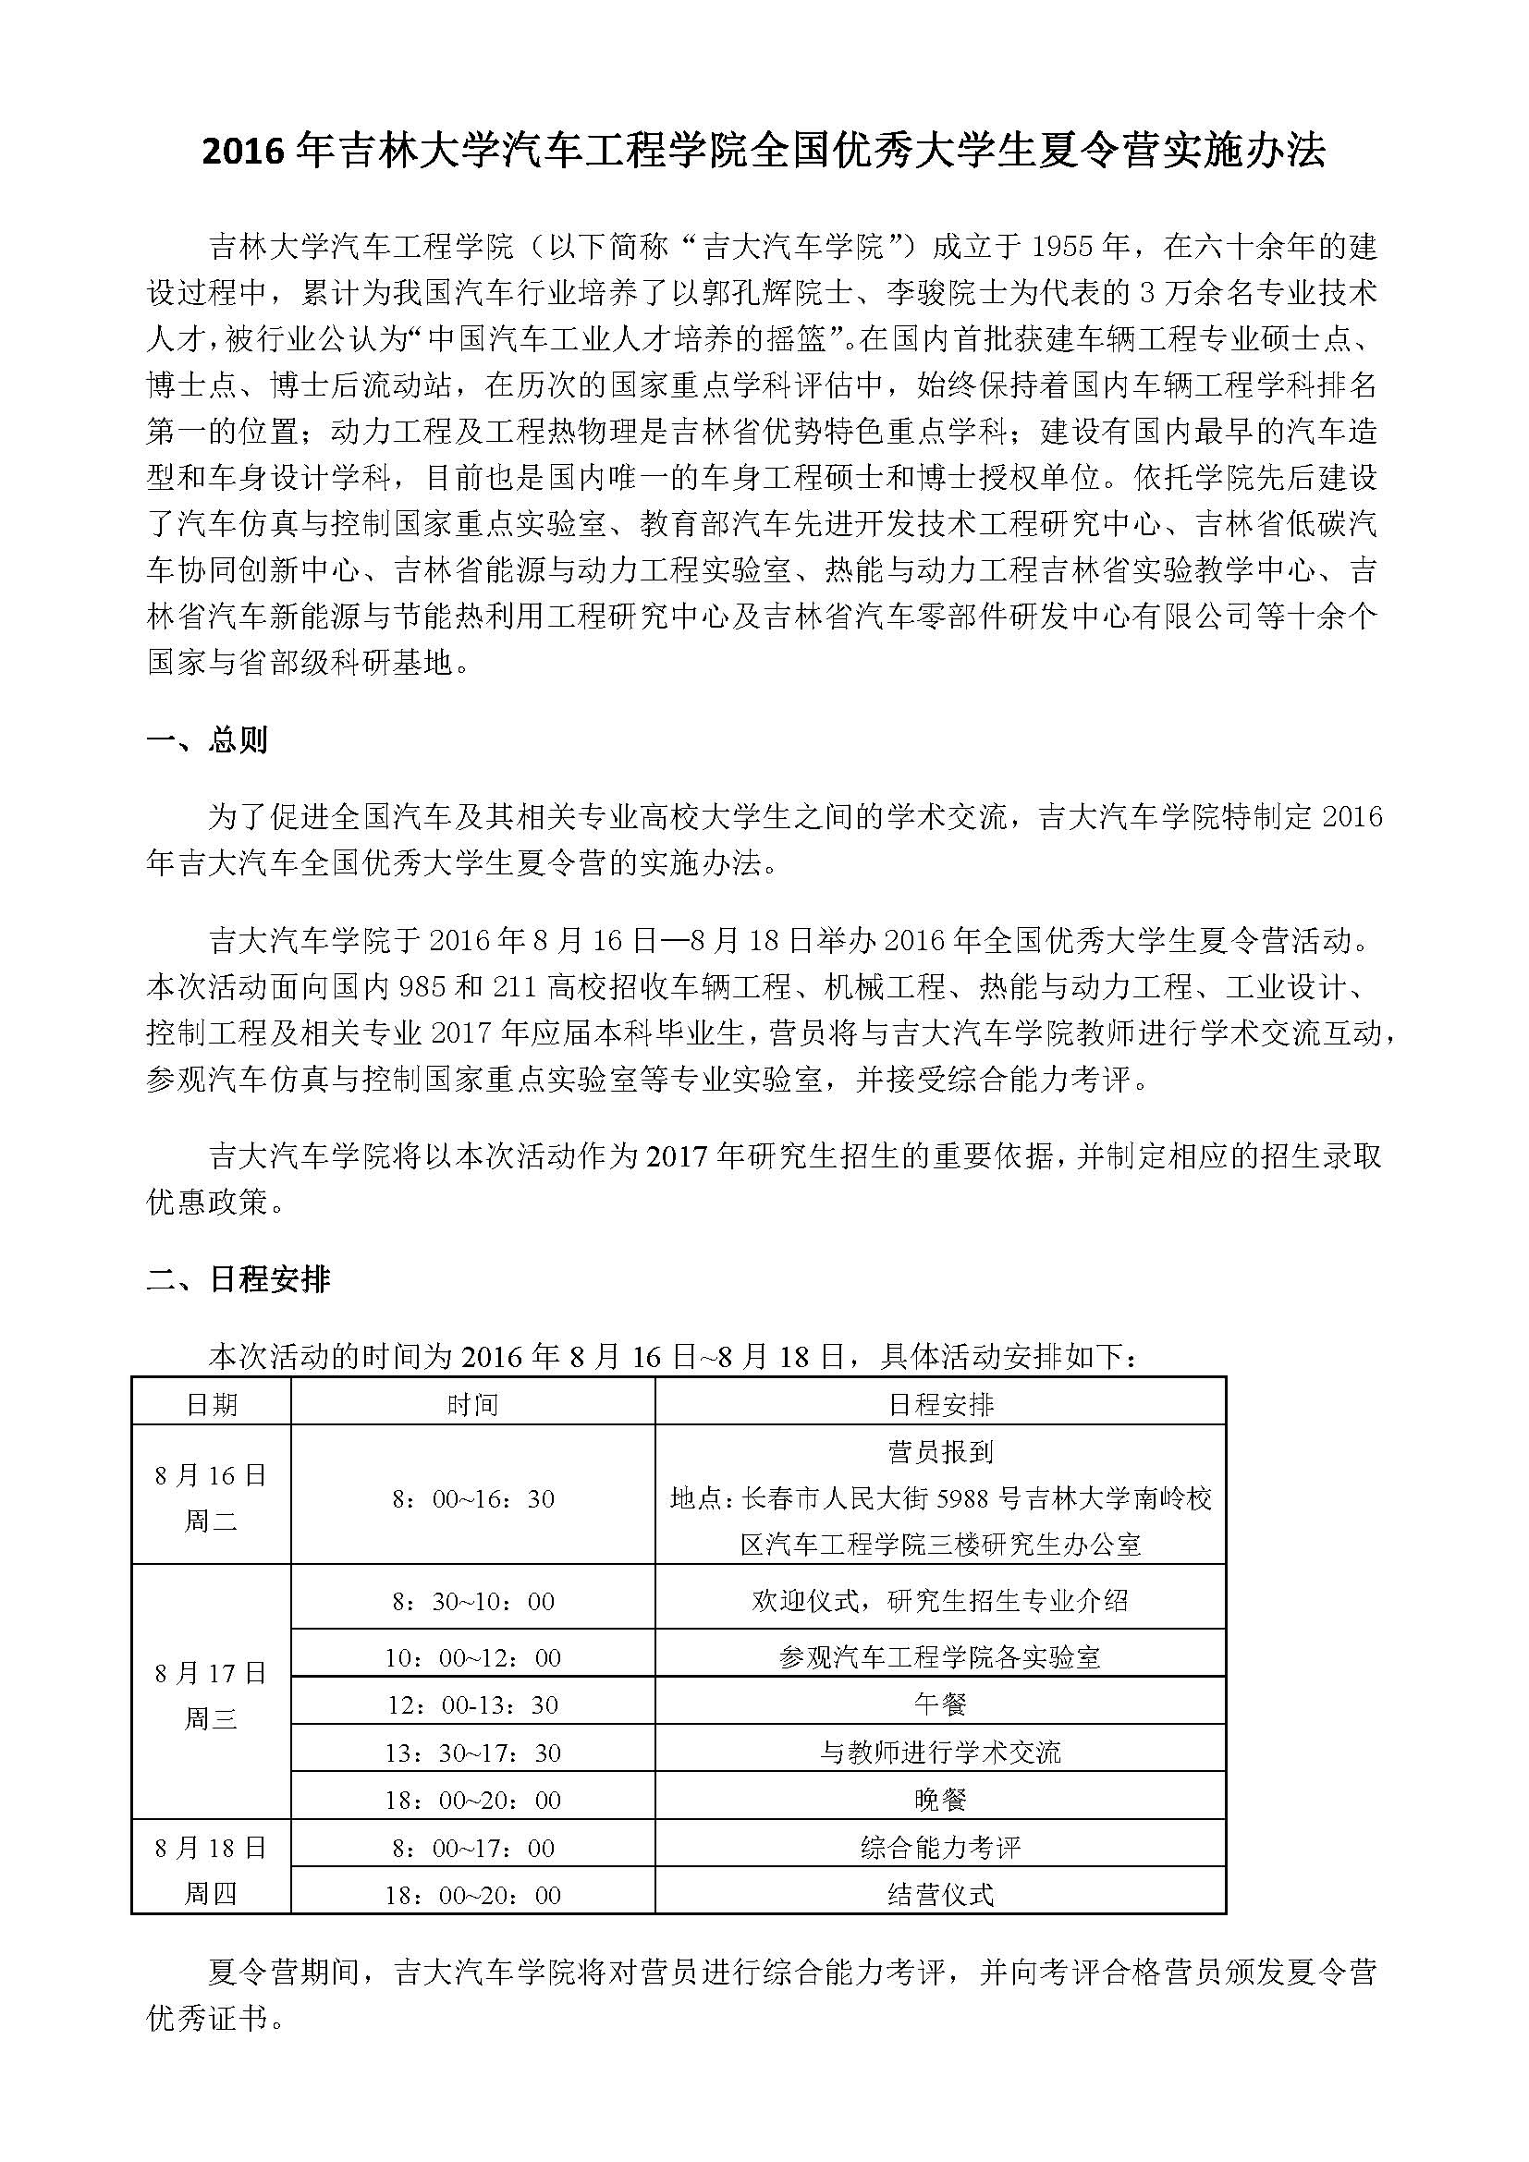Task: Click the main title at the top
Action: [764, 151]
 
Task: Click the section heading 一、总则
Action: [207, 740]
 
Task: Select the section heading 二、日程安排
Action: [239, 1279]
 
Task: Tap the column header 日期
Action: [211, 1405]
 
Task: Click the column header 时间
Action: [472, 1405]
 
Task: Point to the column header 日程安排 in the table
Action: [940, 1405]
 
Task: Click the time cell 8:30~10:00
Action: [472, 1601]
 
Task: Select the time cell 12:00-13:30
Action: [472, 1704]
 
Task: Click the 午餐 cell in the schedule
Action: [940, 1704]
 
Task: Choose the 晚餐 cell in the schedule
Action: [940, 1801]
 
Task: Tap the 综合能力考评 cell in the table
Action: [940, 1848]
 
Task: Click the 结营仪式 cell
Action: [940, 1895]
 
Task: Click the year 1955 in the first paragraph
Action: [1066, 248]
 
